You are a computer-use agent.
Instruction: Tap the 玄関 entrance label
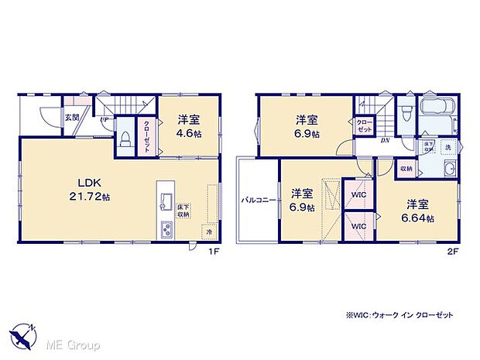click(x=71, y=117)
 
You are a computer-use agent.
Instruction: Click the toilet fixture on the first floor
click(x=125, y=139)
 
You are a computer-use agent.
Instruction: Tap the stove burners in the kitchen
click(x=166, y=230)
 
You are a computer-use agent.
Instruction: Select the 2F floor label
click(x=452, y=252)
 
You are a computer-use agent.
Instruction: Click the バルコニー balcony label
click(x=253, y=198)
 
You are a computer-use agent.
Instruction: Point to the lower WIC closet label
click(x=358, y=226)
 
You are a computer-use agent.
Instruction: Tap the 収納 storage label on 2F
click(x=406, y=168)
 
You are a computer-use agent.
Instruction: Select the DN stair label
click(x=384, y=140)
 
